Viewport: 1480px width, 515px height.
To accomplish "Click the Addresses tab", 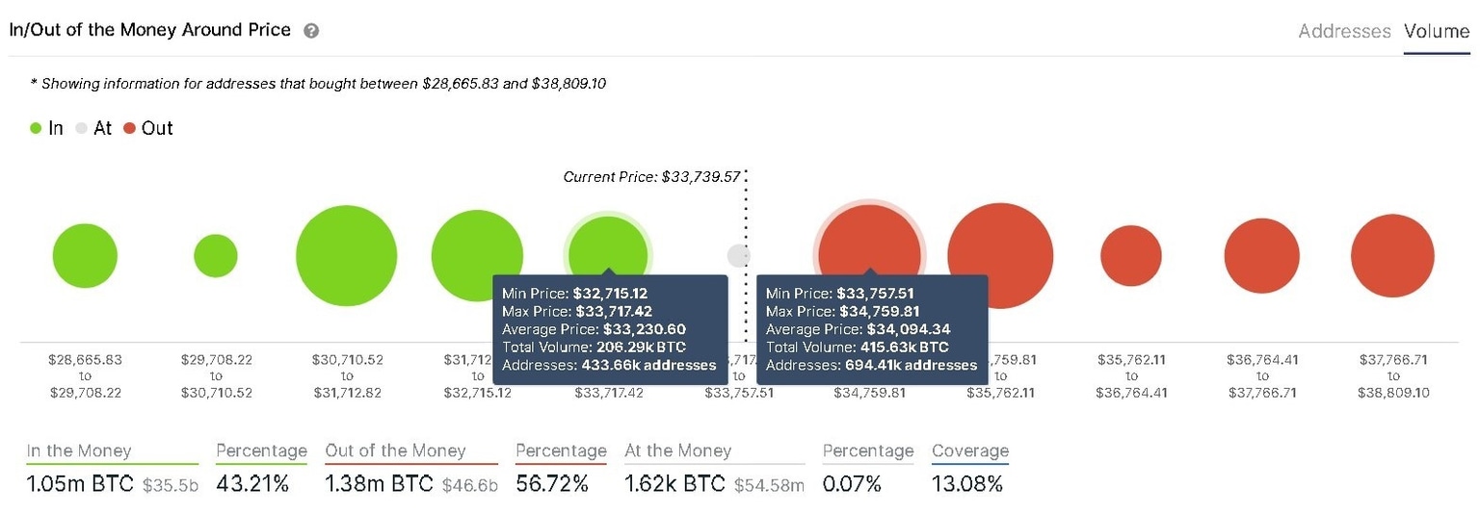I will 1344,31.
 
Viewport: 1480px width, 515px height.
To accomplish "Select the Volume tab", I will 1436,31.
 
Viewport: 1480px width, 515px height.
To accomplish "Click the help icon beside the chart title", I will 311,31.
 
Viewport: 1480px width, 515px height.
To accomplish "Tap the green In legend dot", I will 37,128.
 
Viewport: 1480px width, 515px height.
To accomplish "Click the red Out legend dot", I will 130,128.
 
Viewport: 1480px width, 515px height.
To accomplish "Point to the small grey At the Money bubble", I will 738,256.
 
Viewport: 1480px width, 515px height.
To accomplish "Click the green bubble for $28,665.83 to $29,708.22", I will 85,257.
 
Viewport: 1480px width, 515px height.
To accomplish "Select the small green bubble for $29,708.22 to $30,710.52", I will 216,256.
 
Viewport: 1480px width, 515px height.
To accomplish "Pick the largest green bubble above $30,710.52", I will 347,256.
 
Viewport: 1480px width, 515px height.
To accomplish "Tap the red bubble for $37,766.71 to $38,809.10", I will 1392,257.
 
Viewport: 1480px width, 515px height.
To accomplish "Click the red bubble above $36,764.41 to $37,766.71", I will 1262,257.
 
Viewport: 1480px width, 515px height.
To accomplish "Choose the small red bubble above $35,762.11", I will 1131,257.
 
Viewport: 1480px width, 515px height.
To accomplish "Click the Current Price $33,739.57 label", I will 651,177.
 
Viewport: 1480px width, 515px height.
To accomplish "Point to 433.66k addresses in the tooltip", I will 647,365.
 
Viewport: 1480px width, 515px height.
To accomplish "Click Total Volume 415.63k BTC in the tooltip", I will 857,347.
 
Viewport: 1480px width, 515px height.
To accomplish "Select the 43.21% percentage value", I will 252,483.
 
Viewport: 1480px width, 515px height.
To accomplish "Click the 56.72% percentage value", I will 552,483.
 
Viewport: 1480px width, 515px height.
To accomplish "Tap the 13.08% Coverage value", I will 967,483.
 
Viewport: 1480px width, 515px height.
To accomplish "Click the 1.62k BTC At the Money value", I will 674,483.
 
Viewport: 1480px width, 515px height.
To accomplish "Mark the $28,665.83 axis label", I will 85,359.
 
